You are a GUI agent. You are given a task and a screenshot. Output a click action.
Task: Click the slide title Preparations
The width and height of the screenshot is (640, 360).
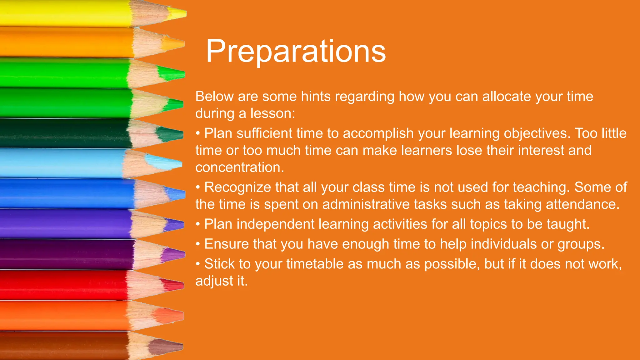pyautogui.click(x=296, y=51)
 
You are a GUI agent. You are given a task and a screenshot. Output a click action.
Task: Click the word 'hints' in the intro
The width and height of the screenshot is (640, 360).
pyautogui.click(x=316, y=96)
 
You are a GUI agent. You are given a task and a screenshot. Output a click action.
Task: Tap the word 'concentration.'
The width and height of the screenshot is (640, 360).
pyautogui.click(x=240, y=167)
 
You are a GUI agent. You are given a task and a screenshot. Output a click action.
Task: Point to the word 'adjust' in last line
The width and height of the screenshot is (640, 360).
pyautogui.click(x=214, y=281)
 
